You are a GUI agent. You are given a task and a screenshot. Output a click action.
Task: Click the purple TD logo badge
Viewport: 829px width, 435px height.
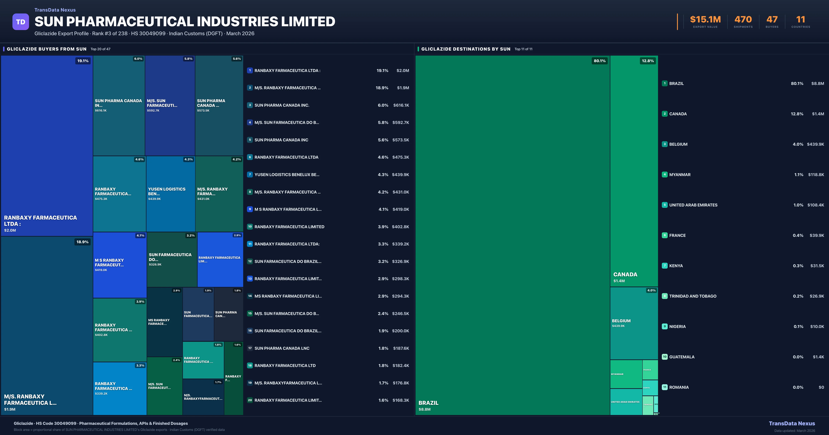(x=21, y=22)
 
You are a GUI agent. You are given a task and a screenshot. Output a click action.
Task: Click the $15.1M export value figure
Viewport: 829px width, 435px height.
(x=705, y=20)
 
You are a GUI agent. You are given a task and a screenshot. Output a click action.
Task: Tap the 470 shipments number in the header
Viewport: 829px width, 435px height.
(x=743, y=20)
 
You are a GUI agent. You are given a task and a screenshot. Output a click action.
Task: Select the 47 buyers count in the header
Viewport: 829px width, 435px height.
(x=772, y=20)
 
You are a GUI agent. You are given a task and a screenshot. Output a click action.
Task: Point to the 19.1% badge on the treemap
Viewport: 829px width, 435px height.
(x=83, y=61)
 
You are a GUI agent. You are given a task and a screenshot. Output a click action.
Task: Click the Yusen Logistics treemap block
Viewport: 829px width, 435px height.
(x=171, y=194)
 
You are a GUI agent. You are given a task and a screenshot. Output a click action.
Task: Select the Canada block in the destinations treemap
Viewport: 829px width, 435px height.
(x=634, y=171)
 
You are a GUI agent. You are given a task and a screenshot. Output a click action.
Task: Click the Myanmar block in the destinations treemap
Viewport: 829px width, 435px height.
(x=626, y=374)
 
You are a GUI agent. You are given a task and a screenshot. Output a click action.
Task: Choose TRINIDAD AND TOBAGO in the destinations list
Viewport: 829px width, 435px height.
(x=693, y=296)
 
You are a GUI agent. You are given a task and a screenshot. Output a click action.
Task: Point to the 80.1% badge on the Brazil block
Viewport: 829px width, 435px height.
(x=599, y=61)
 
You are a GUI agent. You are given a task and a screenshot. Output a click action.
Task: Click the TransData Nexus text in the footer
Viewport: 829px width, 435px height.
(x=792, y=423)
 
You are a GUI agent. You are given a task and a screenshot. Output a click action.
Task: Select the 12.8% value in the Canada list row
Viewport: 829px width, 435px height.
(x=797, y=114)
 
